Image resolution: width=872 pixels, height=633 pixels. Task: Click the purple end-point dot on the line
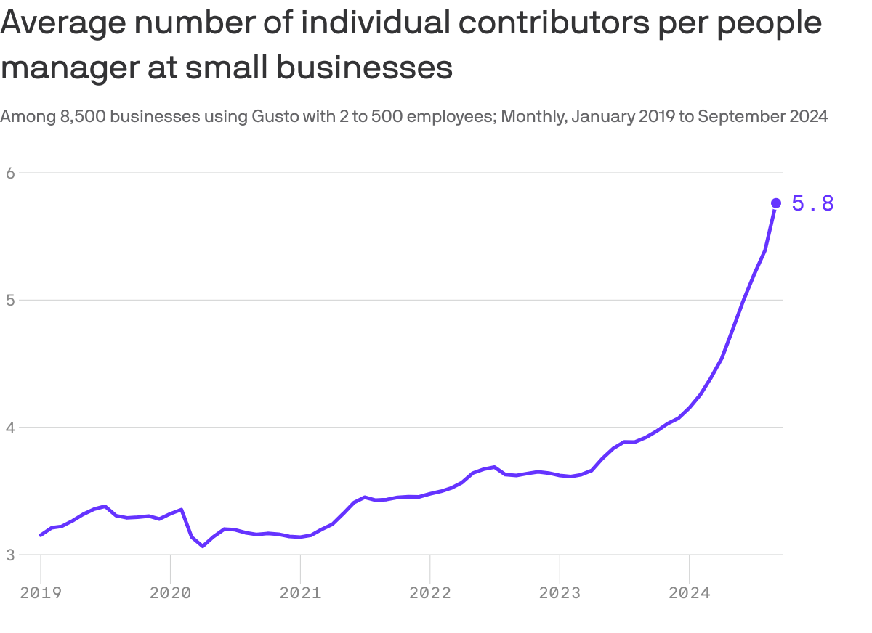(775, 203)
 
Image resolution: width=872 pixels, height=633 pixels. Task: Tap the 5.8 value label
(812, 204)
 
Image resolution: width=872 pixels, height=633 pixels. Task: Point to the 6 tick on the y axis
(10, 173)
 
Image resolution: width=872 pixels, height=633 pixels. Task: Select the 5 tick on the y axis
(10, 300)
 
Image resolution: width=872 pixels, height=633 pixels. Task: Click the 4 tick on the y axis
(10, 428)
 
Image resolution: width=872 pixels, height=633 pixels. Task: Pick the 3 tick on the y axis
(10, 555)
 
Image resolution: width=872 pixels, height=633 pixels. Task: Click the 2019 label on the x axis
(41, 593)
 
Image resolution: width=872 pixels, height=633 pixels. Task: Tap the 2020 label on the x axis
(170, 593)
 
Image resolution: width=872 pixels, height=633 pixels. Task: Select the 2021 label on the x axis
(300, 593)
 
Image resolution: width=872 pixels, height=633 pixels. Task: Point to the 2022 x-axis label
(430, 593)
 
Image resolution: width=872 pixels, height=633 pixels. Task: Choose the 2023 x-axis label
(560, 593)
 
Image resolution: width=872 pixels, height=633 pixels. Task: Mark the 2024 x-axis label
(690, 593)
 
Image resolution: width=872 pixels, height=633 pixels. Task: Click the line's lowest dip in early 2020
(203, 546)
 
